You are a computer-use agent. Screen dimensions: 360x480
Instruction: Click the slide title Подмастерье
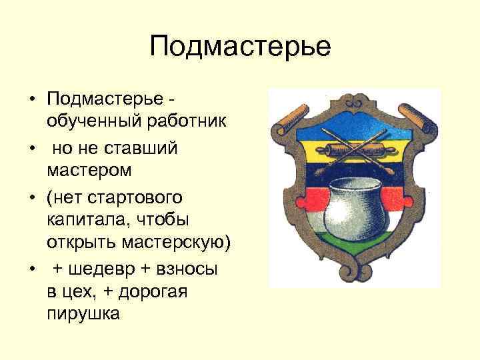pos(240,47)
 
